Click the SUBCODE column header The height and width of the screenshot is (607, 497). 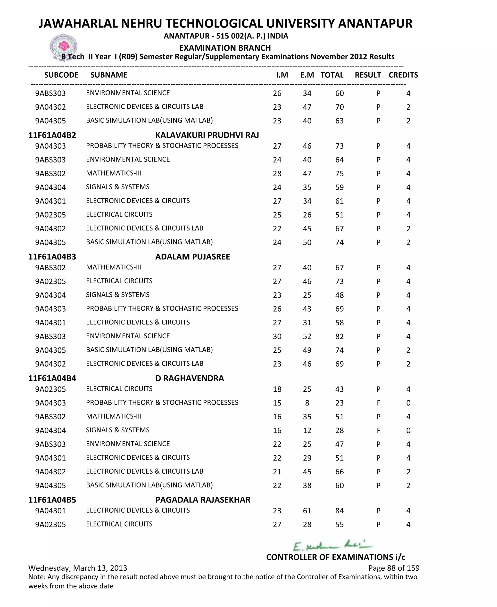click(x=61, y=75)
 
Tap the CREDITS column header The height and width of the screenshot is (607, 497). click(x=403, y=75)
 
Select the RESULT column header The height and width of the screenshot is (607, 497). click(x=368, y=75)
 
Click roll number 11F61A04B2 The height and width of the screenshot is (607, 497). click(x=52, y=135)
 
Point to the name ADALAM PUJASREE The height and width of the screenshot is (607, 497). click(x=192, y=257)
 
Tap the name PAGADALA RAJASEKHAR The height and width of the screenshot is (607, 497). click(x=203, y=500)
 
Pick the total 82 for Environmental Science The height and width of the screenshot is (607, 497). click(x=339, y=336)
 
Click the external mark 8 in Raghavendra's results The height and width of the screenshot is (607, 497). click(x=307, y=403)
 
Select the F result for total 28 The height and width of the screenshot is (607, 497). click(x=378, y=430)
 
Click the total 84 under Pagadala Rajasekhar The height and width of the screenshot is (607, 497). click(x=339, y=511)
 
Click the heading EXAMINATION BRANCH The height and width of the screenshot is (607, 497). click(x=225, y=48)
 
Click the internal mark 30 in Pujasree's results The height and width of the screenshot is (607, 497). click(x=277, y=336)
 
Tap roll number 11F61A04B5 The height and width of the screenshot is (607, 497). click(x=52, y=500)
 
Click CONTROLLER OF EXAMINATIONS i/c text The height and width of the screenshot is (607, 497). click(x=336, y=557)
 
